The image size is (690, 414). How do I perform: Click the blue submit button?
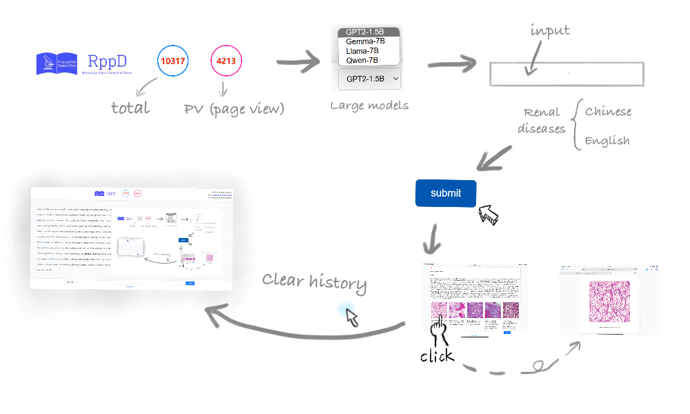tap(446, 193)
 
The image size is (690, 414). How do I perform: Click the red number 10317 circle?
tap(172, 61)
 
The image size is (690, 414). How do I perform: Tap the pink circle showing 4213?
tap(226, 61)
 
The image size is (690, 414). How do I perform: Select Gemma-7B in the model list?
tap(366, 41)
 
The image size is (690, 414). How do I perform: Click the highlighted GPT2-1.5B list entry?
tap(368, 32)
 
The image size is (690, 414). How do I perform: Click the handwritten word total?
tap(130, 108)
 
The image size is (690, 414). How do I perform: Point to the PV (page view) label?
tap(234, 109)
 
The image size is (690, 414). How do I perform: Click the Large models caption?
tap(369, 106)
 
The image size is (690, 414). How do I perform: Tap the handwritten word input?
tap(550, 31)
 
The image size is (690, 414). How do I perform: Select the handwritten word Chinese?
tap(608, 112)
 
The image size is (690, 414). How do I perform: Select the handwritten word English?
tap(607, 141)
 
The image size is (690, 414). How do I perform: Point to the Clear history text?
tap(314, 280)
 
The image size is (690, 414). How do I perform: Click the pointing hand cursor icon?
tap(440, 327)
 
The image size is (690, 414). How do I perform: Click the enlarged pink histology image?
tap(609, 300)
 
